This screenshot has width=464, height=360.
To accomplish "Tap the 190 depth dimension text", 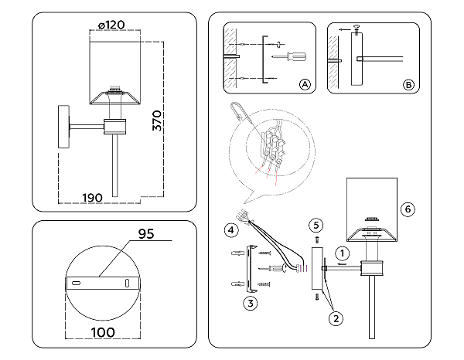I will pos(92,198).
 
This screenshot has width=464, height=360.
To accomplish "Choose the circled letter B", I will pos(408,85).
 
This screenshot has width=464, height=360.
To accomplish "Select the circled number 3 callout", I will pos(249,303).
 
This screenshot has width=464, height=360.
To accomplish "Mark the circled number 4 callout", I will pos(230,229).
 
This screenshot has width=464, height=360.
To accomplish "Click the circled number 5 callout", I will pos(316,226).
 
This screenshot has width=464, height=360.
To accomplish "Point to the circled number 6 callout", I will pos(409,209).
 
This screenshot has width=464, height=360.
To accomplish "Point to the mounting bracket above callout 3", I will pos(249,267).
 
